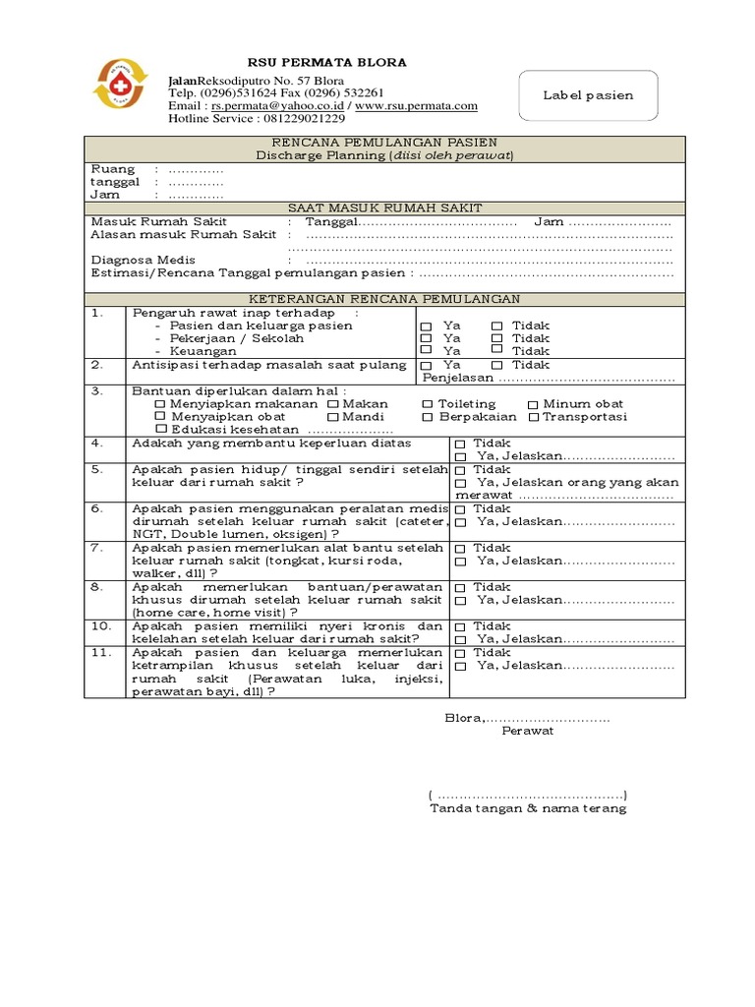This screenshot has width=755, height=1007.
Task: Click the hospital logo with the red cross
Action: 119,83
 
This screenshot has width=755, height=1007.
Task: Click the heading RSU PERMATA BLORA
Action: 315,63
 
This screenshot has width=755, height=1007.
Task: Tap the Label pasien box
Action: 588,95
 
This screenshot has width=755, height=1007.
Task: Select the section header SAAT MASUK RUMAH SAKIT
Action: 384,207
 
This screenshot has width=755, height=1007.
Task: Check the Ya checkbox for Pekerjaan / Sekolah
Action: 425,338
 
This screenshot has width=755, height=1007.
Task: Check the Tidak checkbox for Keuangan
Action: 496,350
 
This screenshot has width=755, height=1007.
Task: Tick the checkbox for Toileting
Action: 428,404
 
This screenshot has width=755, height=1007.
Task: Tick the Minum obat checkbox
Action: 532,404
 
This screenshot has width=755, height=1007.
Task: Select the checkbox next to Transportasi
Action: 534,417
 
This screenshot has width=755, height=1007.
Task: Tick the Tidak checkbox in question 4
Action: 460,444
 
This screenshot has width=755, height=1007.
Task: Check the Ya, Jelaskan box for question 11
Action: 460,666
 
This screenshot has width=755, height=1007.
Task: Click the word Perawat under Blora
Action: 528,731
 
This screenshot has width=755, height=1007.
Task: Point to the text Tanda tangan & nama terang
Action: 528,808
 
